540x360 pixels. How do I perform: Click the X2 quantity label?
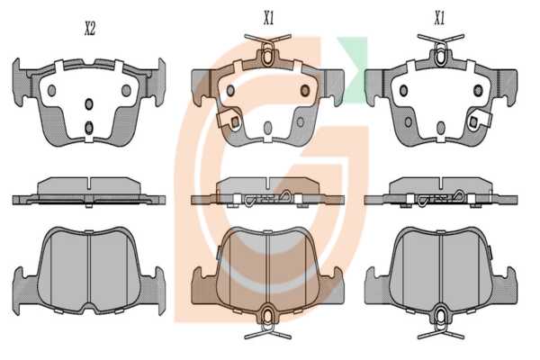(x=89, y=29)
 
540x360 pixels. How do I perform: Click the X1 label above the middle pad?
(x=268, y=18)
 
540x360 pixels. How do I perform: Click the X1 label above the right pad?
(x=439, y=18)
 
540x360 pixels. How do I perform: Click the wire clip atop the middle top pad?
(x=267, y=49)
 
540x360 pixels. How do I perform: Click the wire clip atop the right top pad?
(x=440, y=49)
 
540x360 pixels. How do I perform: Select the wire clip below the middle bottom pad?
(x=267, y=323)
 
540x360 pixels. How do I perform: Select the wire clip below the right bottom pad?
(x=441, y=323)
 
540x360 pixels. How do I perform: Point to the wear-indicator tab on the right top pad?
(x=478, y=120)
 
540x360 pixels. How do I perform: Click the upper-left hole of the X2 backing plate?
(x=51, y=90)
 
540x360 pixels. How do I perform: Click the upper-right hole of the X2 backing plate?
(x=126, y=90)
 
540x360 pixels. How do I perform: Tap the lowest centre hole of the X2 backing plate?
(x=89, y=128)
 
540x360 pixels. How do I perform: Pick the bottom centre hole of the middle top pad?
(x=267, y=128)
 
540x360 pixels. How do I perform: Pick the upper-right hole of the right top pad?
(x=478, y=90)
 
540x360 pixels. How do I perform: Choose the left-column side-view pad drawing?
(x=89, y=193)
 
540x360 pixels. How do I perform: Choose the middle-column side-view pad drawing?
(x=267, y=193)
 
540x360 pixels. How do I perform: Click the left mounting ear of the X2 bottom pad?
(x=25, y=290)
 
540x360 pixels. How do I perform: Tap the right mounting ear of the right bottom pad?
(x=505, y=285)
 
